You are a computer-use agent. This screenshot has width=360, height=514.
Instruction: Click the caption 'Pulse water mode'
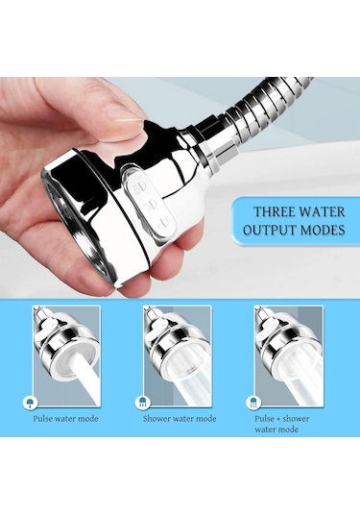(65, 419)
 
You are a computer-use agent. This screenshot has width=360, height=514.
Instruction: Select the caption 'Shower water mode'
(180, 419)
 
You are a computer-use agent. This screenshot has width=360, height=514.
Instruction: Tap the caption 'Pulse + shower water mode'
(282, 424)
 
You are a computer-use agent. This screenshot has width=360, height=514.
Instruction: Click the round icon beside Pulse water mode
(30, 402)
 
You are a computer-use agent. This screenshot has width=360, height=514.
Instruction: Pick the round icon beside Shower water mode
(143, 402)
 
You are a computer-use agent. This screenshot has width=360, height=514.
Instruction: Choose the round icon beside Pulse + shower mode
(253, 402)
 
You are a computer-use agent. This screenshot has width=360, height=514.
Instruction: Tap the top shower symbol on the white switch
(138, 186)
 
